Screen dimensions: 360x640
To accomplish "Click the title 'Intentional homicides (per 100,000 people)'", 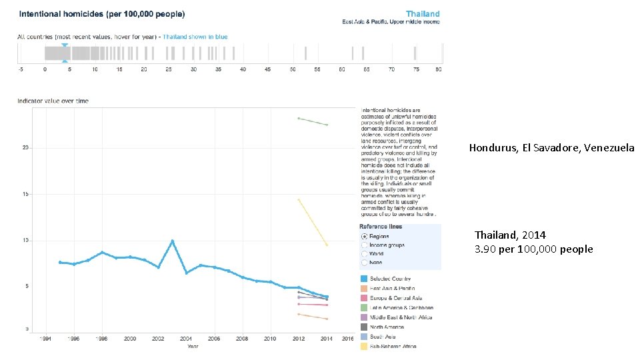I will pyautogui.click(x=102, y=14).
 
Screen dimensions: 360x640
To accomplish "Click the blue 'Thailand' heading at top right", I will pyautogui.click(x=423, y=13).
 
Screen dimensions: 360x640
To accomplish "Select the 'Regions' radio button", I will pyautogui.click(x=364, y=236).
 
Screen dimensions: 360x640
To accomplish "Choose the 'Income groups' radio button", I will pyautogui.click(x=364, y=245).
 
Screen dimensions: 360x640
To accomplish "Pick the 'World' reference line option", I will pyautogui.click(x=364, y=253).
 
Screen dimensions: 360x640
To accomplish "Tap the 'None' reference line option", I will pyautogui.click(x=364, y=262).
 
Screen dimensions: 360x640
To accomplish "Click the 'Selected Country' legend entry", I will pyautogui.click(x=390, y=279).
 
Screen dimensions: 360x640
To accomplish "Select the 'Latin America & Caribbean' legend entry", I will pyautogui.click(x=401, y=307).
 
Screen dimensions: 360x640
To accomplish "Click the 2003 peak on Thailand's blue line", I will pyautogui.click(x=173, y=241).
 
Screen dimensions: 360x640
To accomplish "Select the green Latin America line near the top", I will pyautogui.click(x=313, y=121).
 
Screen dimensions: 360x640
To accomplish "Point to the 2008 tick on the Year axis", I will pyautogui.click(x=242, y=339).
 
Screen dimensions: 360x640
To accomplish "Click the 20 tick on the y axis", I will pyautogui.click(x=26, y=148).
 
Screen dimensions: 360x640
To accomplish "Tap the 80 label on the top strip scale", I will pyautogui.click(x=438, y=69).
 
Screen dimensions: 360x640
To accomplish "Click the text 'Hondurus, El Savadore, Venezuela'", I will pyautogui.click(x=551, y=148).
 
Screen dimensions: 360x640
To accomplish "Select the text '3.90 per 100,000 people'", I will pyautogui.click(x=533, y=249).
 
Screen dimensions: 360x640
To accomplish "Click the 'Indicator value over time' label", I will pyautogui.click(x=53, y=101).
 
